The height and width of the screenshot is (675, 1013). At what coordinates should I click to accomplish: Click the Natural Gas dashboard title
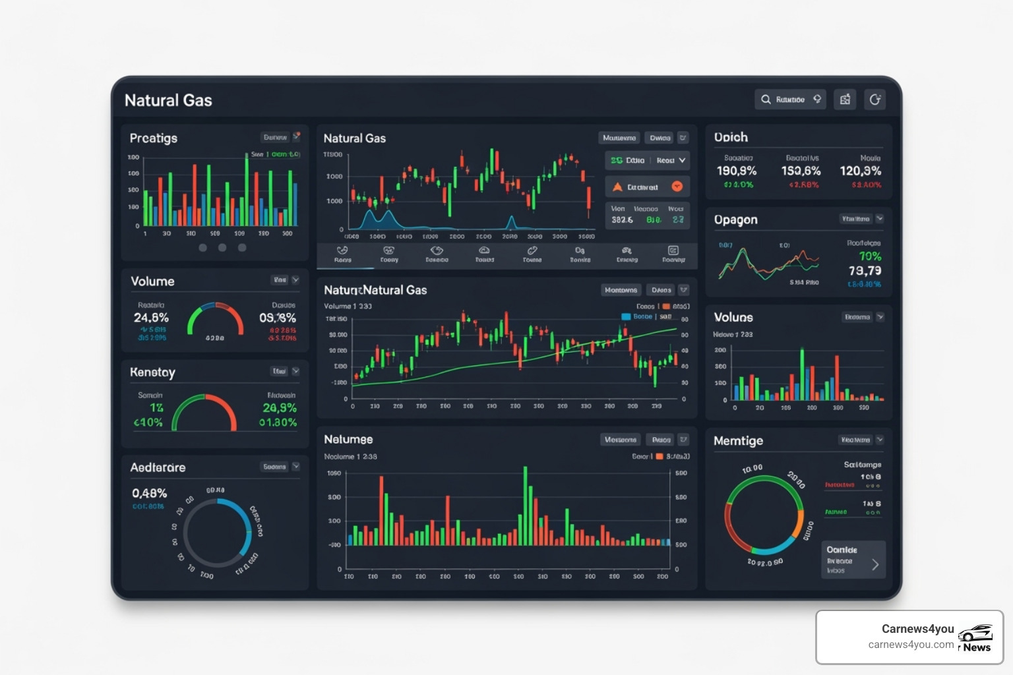168,100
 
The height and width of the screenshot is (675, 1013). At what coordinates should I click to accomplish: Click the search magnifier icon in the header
766,100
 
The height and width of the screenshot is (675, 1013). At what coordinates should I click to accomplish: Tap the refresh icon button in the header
875,100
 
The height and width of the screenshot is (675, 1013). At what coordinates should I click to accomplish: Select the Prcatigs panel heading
154,138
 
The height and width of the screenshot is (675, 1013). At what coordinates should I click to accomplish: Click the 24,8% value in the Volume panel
151,318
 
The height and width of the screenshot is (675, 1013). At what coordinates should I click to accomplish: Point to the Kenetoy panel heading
152,372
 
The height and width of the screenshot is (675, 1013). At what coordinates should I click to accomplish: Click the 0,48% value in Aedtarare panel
149,493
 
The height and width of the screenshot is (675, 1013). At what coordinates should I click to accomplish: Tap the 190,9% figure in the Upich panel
737,171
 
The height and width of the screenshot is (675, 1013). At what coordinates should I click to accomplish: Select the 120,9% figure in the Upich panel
860,171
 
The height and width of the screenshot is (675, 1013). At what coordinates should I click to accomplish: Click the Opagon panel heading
735,220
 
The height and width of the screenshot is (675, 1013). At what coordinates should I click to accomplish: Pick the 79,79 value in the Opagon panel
865,271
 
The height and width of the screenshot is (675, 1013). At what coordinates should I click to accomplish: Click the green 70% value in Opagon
869,256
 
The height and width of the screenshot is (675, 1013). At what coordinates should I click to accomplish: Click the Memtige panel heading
738,440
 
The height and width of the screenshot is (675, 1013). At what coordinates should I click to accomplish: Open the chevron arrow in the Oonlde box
875,564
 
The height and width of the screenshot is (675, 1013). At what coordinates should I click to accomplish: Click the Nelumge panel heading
348,439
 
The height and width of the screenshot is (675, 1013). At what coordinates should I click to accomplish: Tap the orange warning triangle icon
617,187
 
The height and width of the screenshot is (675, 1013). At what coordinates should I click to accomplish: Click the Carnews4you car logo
975,633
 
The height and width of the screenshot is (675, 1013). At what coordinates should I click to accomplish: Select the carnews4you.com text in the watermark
911,645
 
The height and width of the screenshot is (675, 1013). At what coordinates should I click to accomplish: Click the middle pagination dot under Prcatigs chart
222,248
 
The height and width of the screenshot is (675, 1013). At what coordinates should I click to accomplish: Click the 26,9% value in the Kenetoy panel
280,408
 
